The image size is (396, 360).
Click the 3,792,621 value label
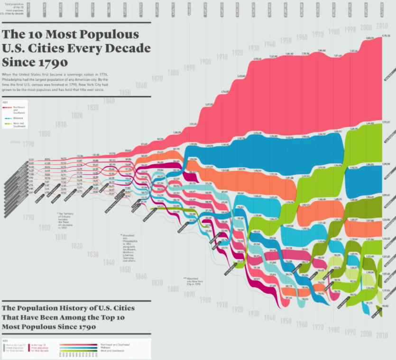coord(387,122)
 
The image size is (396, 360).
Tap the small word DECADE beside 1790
coord(15,141)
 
